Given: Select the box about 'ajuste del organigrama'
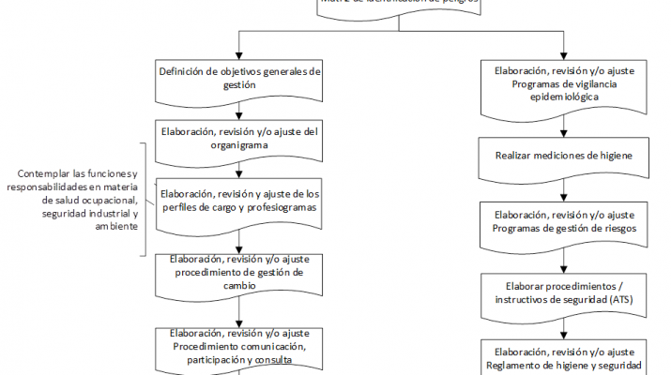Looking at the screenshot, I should click(x=240, y=138).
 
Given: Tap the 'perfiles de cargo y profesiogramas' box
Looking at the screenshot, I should click(x=240, y=201).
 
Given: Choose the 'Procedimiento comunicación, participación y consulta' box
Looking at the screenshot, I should click(x=240, y=346).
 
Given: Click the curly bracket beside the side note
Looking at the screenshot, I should click(x=144, y=200).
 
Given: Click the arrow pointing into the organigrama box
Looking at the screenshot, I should click(x=240, y=114).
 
